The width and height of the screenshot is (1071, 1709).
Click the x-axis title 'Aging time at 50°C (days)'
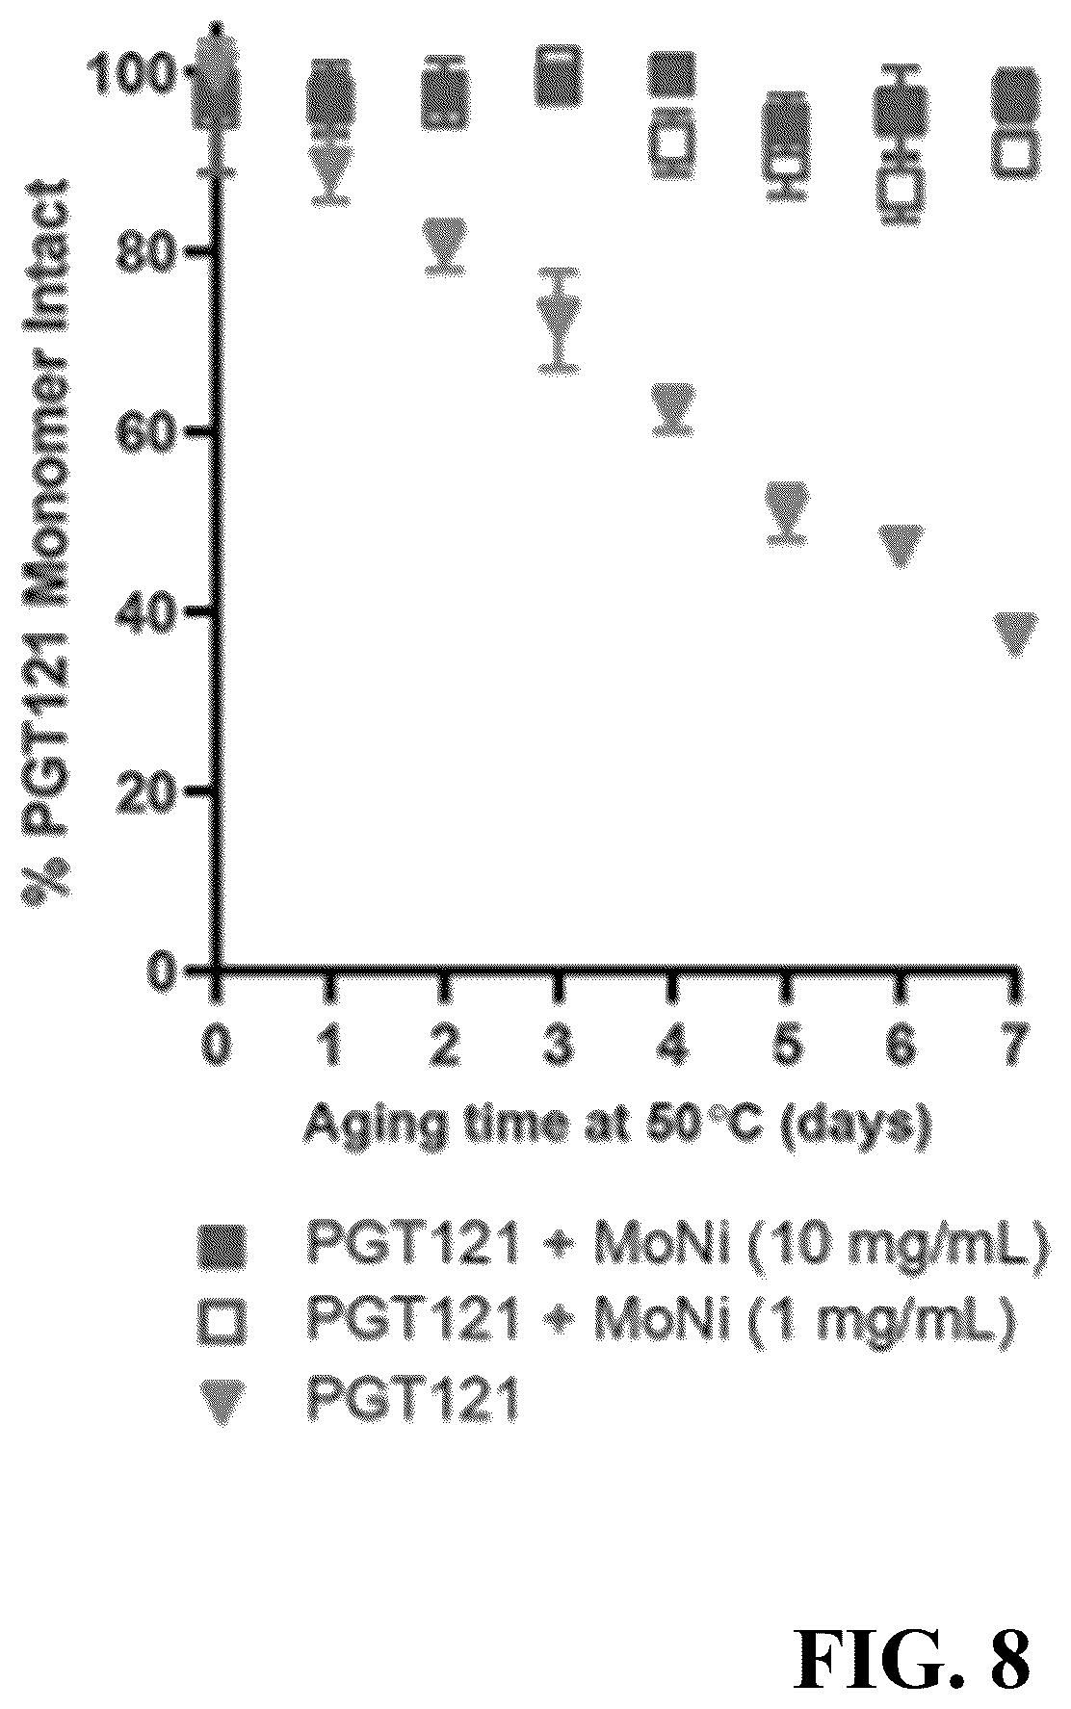[617, 1126]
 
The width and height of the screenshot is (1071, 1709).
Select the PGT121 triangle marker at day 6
[901, 546]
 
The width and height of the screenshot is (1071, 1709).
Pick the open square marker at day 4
[673, 142]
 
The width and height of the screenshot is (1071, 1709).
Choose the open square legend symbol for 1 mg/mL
[222, 1320]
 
